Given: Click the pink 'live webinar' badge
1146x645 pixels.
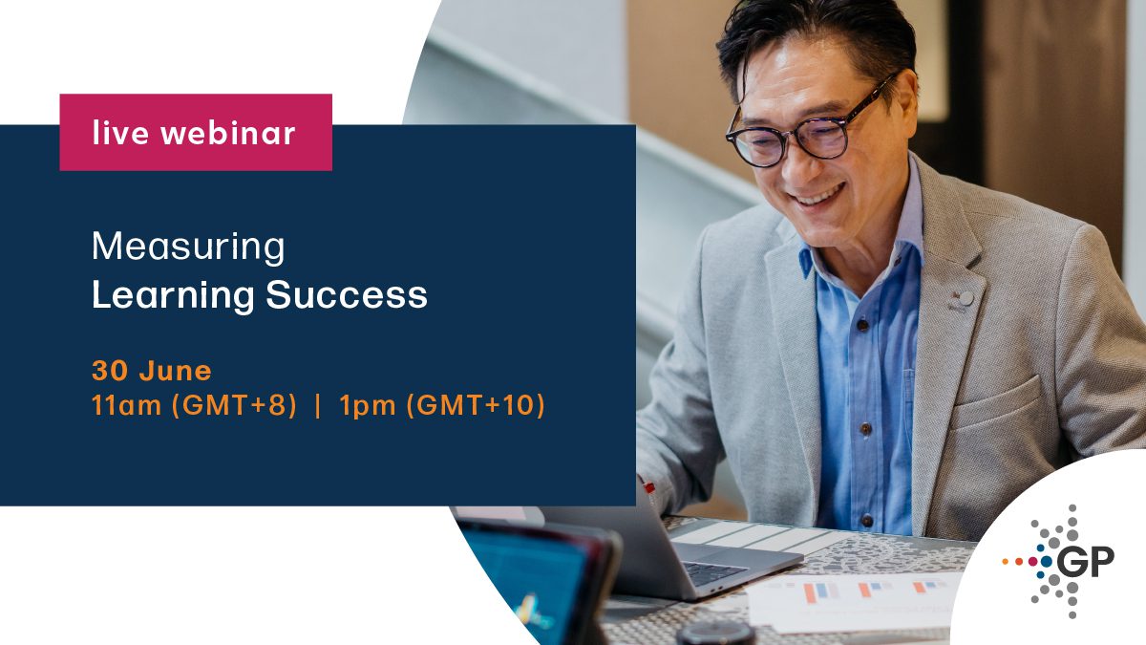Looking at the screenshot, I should (196, 133).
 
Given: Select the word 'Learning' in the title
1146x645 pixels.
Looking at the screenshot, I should (173, 296).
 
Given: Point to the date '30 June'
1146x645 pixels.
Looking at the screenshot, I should (151, 370).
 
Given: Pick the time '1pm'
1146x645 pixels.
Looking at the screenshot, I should (369, 406).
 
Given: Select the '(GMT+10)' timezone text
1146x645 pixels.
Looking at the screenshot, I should (476, 406).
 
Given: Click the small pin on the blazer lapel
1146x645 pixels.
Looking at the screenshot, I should (965, 298).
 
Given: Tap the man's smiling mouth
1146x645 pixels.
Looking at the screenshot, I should (818, 196).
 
